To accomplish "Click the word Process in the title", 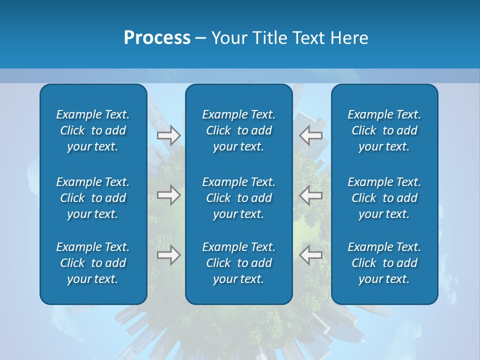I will (157, 38).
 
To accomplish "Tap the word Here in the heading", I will (349, 38).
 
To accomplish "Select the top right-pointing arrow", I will (169, 135).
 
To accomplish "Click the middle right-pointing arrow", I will (169, 195).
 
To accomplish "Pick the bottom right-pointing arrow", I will (169, 255).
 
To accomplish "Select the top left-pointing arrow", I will (310, 135).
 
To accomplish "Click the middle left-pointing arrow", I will (310, 195).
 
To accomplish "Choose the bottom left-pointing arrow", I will (310, 255).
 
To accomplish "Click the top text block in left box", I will (93, 130).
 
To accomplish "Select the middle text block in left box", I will (93, 198).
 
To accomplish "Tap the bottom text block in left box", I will (93, 263).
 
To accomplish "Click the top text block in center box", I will (239, 130).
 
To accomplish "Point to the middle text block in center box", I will (239, 198).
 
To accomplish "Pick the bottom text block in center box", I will (239, 263).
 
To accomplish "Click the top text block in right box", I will (384, 130).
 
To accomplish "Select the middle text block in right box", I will (384, 198).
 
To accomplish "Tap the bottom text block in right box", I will (384, 263).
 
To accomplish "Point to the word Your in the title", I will (229, 38).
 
